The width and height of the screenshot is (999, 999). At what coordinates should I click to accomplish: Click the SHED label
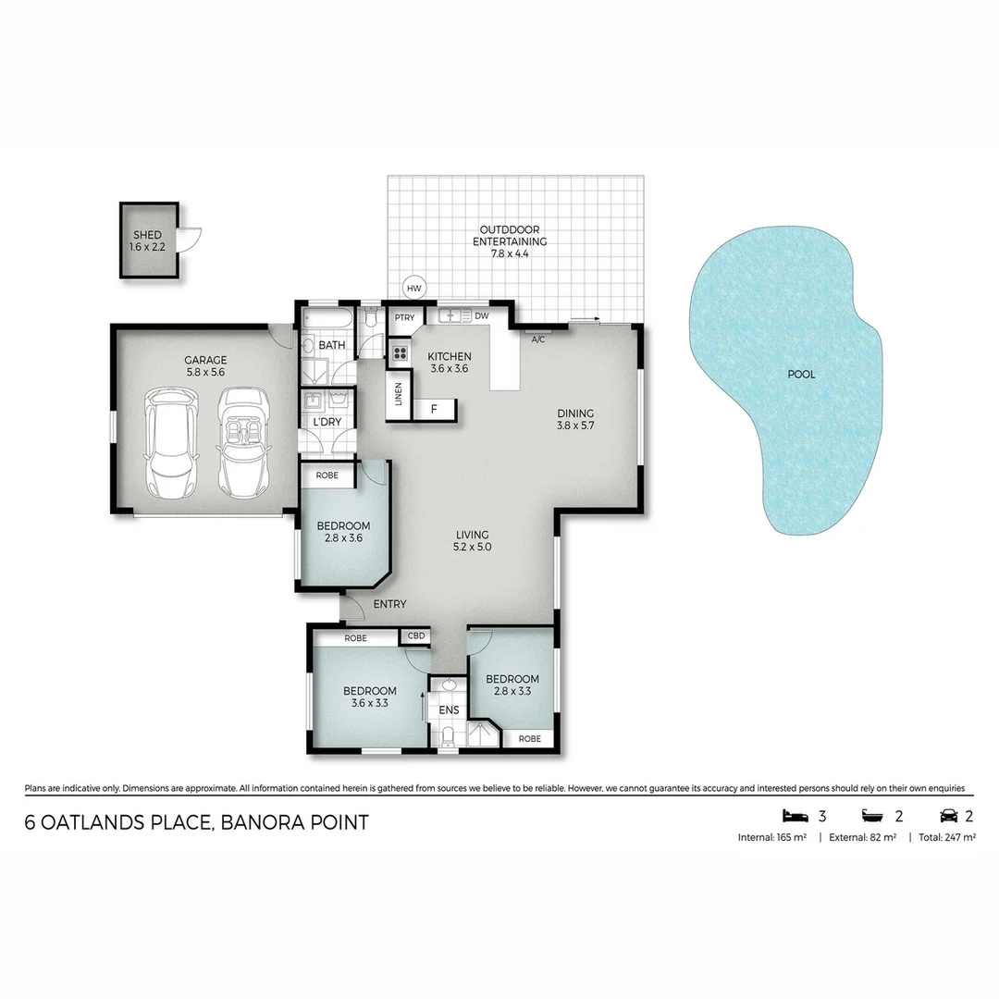(x=147, y=236)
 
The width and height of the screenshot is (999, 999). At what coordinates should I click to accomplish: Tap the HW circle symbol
(x=413, y=289)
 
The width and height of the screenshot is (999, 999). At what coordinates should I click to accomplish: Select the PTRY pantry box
(x=404, y=317)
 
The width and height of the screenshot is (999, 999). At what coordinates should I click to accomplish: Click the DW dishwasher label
(x=481, y=315)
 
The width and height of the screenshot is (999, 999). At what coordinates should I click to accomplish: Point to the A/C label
(x=537, y=339)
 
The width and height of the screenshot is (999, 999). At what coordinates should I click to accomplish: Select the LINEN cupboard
(x=399, y=394)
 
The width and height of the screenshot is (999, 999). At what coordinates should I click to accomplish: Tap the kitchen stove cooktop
(x=400, y=352)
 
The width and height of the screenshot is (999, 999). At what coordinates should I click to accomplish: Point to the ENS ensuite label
(x=449, y=710)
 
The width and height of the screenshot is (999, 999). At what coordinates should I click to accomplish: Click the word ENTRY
(x=389, y=604)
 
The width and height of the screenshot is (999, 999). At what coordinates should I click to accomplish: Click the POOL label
(x=801, y=375)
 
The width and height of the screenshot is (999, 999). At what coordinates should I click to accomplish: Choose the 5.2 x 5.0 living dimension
(x=472, y=547)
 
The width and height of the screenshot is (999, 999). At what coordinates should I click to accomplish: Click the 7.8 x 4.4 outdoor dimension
(x=509, y=253)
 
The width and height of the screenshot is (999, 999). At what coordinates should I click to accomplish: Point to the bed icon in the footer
(x=795, y=815)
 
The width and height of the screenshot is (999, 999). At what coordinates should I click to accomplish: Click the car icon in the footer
(x=949, y=815)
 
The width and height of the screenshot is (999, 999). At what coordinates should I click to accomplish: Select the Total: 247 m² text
(x=947, y=837)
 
